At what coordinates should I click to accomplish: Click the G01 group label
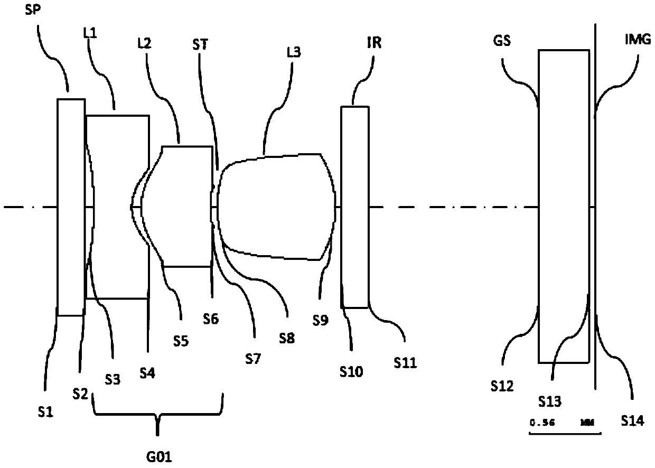158,455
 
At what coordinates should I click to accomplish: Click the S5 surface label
181,341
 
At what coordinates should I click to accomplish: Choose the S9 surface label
320,320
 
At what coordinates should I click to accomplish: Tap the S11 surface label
405,362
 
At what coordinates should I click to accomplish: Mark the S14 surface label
633,421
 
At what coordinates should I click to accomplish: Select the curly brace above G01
158,409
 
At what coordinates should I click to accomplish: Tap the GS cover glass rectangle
564,206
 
